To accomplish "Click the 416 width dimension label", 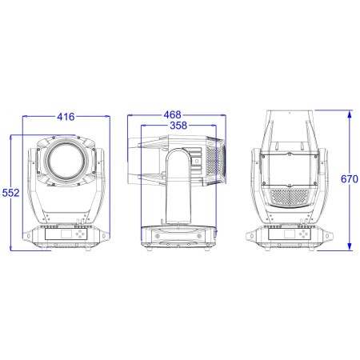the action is coord(66,117).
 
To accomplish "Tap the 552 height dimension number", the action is coord(10,193).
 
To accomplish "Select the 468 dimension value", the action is coord(173,114).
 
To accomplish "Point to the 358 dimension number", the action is coord(178,125).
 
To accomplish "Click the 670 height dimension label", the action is coord(350,179).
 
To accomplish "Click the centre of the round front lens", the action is coord(66,161).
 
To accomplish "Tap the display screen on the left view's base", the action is coord(66,234).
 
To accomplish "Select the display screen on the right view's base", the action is coord(290,234).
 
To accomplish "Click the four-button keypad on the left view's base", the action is coord(80,234).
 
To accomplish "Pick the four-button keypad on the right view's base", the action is coord(303,234).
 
